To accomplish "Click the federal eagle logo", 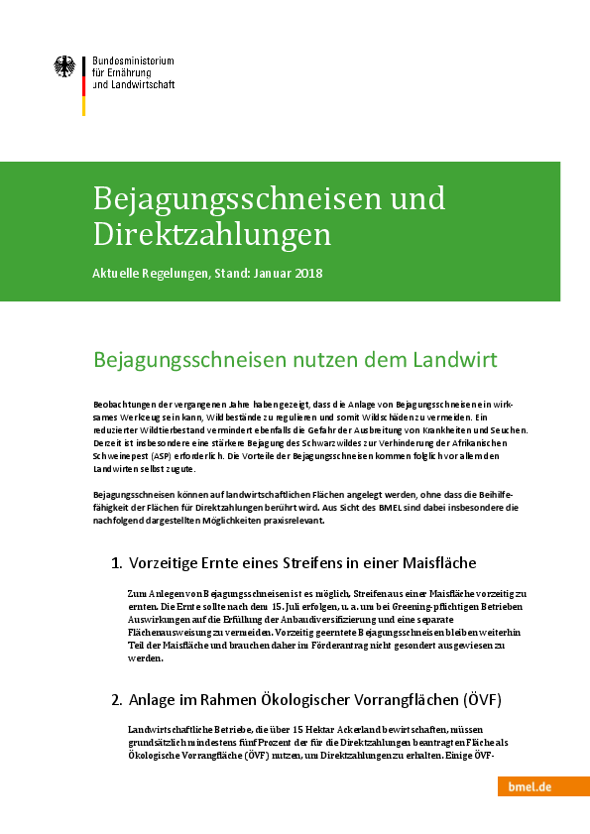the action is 64,68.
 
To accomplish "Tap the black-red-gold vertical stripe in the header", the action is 83,85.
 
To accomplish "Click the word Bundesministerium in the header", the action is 134,60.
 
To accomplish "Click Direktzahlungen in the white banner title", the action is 212,235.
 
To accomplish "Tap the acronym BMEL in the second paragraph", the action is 387,506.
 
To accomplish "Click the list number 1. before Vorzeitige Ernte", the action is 117,563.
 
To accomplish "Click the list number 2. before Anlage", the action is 117,699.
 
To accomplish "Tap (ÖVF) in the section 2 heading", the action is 481,699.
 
